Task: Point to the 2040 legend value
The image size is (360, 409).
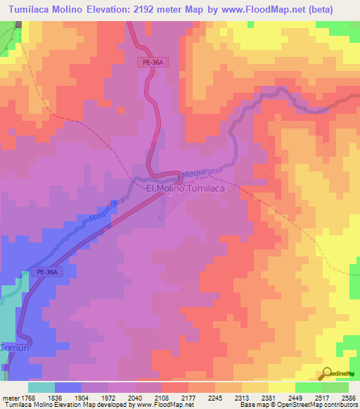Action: [x=139, y=396]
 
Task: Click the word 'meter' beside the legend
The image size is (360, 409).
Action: [x=11, y=396]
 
